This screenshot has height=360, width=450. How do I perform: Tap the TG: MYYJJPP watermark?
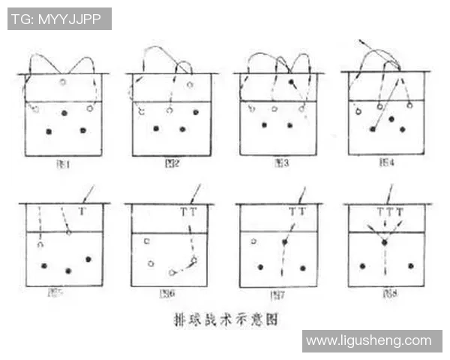pyautogui.click(x=59, y=19)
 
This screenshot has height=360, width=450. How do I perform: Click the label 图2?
pyautogui.click(x=171, y=162)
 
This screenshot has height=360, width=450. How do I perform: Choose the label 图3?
pyautogui.click(x=282, y=162)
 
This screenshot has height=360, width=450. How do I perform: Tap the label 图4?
pyautogui.click(x=387, y=162)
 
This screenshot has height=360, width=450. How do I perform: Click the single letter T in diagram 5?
pyautogui.click(x=82, y=212)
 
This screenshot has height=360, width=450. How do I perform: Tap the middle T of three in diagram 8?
pyautogui.click(x=389, y=212)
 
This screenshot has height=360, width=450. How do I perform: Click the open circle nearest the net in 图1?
pyautogui.click(x=63, y=81)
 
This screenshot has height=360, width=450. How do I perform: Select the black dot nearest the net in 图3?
pyautogui.click(x=291, y=81)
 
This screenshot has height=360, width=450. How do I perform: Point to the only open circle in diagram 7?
pyautogui.click(x=254, y=241)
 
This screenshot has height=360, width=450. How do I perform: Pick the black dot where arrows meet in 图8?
pyautogui.click(x=385, y=243)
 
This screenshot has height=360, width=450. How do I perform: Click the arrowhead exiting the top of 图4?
pyautogui.click(x=361, y=38)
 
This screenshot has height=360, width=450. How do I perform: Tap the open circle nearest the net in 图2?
pyautogui.click(x=190, y=84)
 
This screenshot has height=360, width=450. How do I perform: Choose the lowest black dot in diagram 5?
pyautogui.click(x=69, y=271)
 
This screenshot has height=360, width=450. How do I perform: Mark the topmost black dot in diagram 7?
pyautogui.click(x=285, y=242)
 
